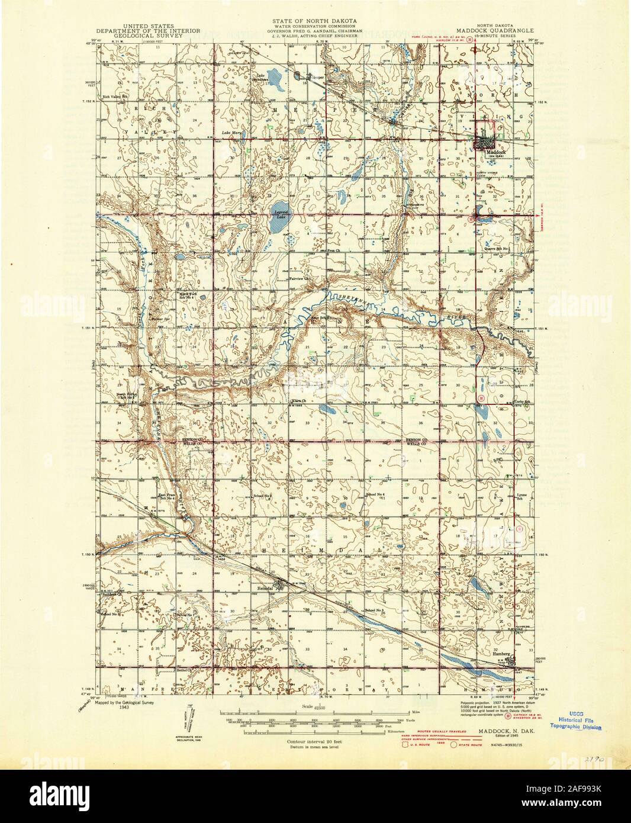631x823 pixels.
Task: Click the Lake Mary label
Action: coord(231,132)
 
